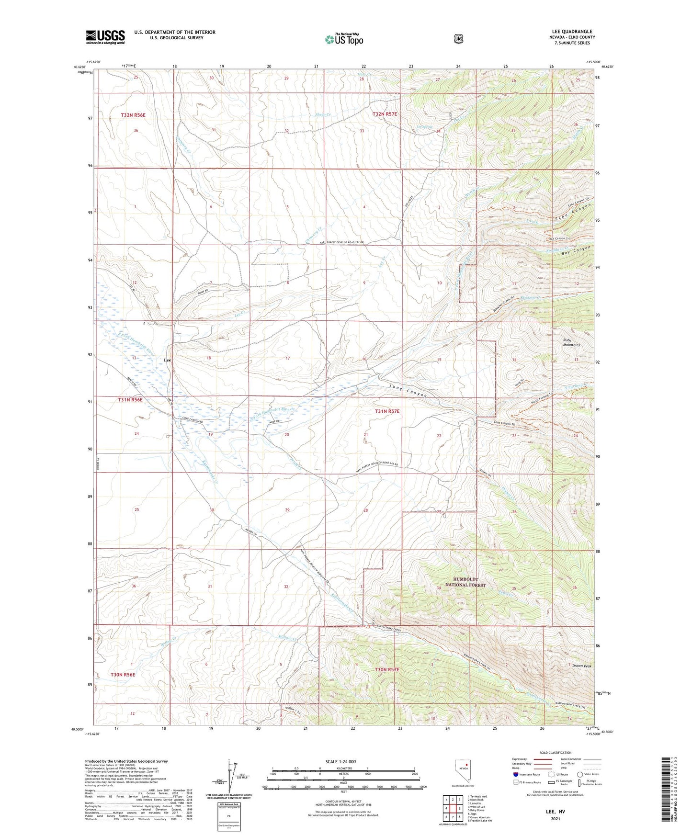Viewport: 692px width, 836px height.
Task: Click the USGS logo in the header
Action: point(105,37)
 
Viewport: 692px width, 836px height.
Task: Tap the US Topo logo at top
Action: point(343,39)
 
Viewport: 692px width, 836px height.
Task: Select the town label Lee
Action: point(167,360)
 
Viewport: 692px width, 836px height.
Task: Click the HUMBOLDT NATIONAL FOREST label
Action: point(465,582)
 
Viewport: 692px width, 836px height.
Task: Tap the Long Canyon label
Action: point(408,391)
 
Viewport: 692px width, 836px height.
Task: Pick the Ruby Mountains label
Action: point(571,342)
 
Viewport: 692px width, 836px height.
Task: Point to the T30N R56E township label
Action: point(123,674)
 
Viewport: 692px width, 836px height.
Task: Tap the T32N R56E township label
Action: point(133,115)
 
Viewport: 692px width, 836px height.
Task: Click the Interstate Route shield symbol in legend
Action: point(515,774)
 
